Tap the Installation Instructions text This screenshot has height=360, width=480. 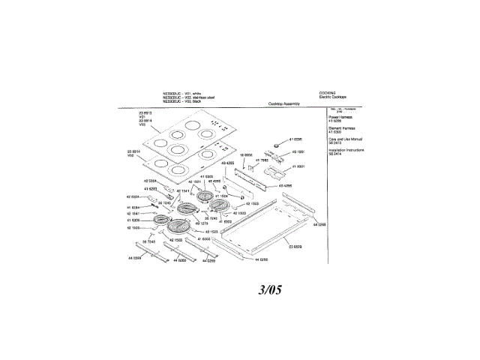tap(346, 150)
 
